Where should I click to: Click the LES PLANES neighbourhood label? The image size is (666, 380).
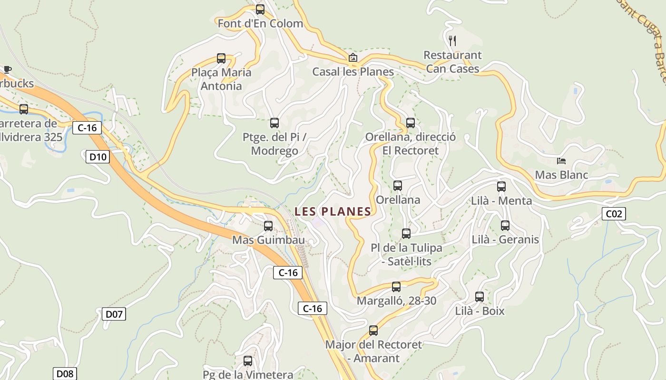pos(333,211)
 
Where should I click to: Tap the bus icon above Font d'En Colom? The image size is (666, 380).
pos(260,9)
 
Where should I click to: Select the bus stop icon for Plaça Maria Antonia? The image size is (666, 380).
pos(221,58)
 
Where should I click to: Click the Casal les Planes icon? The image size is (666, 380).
pos(353,58)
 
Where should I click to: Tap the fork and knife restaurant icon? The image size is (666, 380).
pos(452,40)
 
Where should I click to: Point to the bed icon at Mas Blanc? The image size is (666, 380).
pos(561,161)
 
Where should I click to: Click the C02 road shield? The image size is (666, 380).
pos(614,214)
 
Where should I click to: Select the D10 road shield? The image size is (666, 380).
pos(98,156)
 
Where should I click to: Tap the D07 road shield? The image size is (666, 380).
pos(114,313)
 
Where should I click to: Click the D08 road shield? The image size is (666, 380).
pos(64,373)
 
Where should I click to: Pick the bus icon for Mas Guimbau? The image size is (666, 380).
pos(268,226)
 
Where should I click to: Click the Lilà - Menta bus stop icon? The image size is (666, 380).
pos(501,187)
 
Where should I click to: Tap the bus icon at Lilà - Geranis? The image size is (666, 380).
pos(505,226)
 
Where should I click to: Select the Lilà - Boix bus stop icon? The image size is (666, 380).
pos(480,297)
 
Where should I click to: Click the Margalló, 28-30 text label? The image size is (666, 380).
pos(396,301)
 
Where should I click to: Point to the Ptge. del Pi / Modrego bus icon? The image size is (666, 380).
pos(274,123)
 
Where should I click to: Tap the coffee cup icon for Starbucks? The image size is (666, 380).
pos(7,70)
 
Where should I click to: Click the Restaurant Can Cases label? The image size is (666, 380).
pos(452,62)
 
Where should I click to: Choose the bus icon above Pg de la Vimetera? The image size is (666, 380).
pos(248,361)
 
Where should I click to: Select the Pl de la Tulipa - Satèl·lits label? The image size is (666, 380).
pos(406,254)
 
